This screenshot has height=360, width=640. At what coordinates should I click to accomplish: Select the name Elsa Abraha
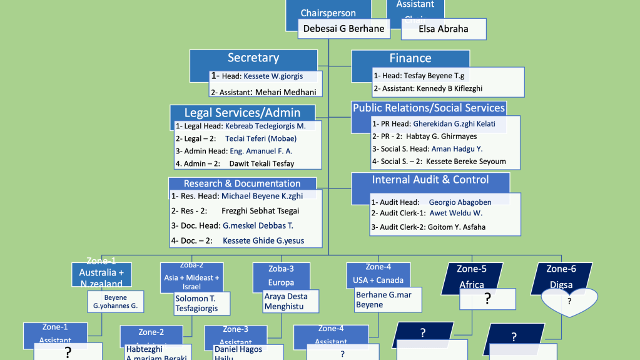(443, 29)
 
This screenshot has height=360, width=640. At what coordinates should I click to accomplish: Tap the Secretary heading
(253, 58)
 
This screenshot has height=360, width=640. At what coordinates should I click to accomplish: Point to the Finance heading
(410, 58)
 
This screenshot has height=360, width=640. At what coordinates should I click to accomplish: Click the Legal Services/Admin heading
(242, 113)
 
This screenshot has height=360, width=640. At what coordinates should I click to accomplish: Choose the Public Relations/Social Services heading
(429, 108)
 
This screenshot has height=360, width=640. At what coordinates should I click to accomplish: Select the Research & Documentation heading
(242, 183)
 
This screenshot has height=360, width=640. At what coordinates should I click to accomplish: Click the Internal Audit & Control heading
(430, 180)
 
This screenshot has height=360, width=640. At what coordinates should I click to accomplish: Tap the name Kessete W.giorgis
(273, 76)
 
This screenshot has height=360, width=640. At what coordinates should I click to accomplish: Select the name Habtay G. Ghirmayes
(442, 136)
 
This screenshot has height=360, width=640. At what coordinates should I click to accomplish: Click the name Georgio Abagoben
(460, 202)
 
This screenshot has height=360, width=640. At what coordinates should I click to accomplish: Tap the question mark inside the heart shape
(569, 301)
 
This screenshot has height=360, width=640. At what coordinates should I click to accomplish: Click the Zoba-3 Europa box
(282, 275)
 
